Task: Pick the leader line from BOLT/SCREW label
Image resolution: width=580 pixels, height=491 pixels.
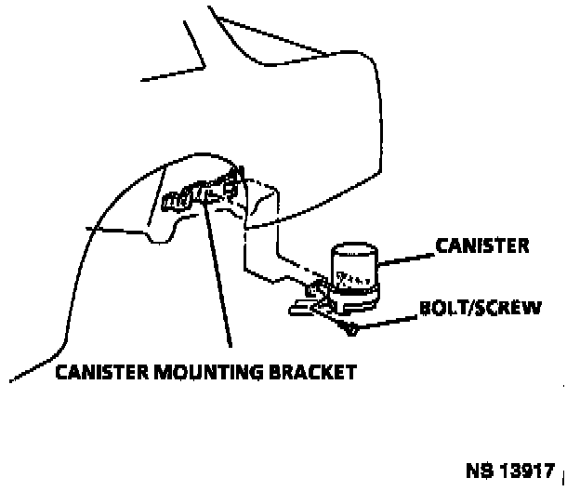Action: point(390,318)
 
